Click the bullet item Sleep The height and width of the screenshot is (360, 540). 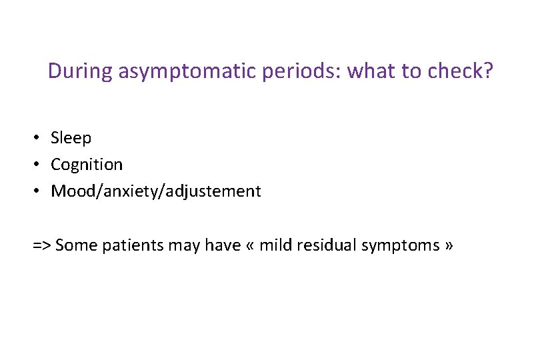click(x=71, y=138)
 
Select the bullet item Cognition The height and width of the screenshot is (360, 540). click(x=87, y=165)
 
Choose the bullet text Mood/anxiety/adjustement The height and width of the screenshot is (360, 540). click(x=156, y=191)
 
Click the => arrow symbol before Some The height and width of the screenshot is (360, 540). click(x=42, y=245)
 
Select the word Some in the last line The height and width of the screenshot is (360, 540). click(x=75, y=245)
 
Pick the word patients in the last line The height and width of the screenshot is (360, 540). click(x=126, y=245)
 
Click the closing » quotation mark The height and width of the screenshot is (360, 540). click(x=448, y=246)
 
